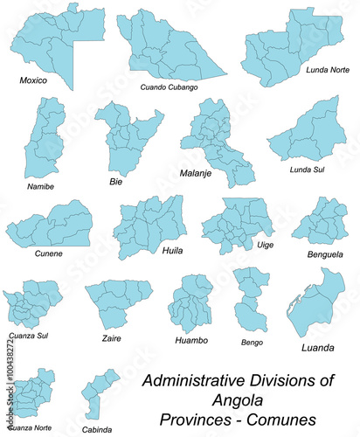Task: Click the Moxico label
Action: [33, 80]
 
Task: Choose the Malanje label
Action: [197, 173]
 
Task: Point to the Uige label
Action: [263, 246]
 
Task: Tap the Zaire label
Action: [111, 337]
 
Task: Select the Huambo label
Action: [190, 340]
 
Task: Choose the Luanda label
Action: [316, 347]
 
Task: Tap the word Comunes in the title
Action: [283, 417]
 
